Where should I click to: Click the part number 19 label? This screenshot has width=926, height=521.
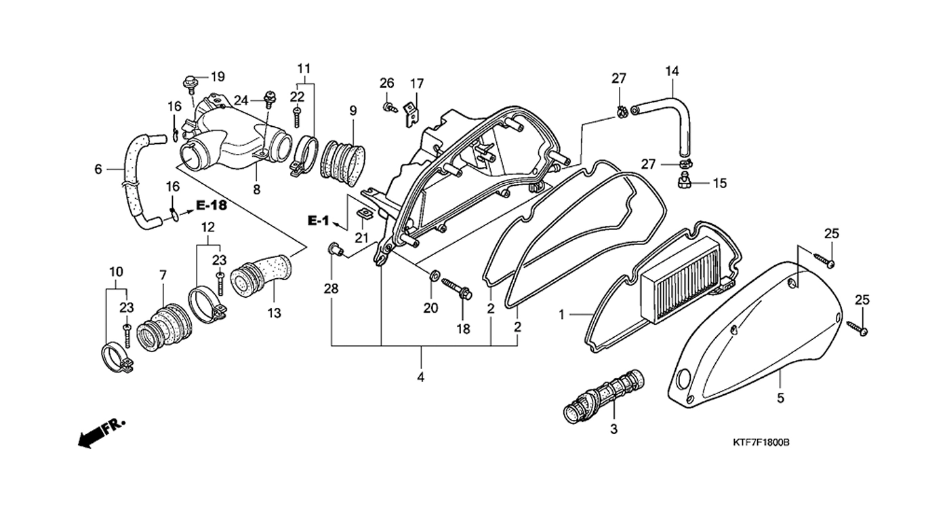click(217, 76)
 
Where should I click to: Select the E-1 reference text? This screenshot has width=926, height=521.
click(318, 220)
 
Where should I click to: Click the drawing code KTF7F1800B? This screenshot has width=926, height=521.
click(761, 442)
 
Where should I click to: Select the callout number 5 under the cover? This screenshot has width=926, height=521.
click(780, 398)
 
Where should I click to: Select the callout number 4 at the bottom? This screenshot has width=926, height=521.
click(420, 377)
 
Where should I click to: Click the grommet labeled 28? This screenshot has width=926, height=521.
click(334, 250)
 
